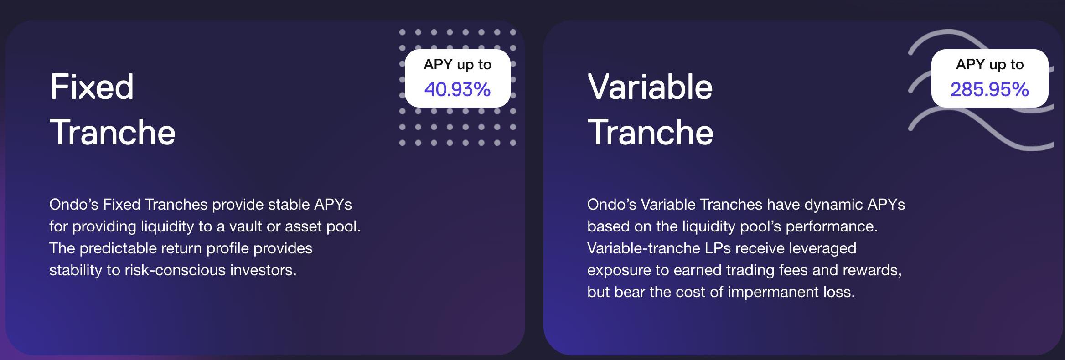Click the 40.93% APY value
coord(457,89)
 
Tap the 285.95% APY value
coord(990,89)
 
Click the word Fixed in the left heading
coord(92,87)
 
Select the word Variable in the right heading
coord(650,87)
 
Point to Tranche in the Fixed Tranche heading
coord(113,132)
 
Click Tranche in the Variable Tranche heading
coord(651,132)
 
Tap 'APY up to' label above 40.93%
coord(457,65)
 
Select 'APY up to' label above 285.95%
coord(990,65)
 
